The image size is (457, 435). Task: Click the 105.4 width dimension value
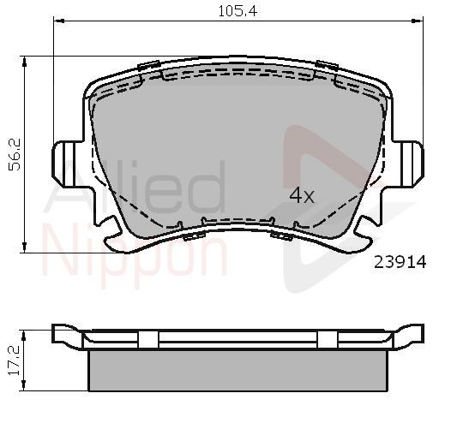coord(238,11)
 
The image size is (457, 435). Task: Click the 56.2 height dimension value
coord(15,154)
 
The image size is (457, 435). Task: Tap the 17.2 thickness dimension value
coord(14,361)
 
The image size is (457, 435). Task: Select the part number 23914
coord(400,262)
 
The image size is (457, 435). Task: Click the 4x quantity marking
coord(302,195)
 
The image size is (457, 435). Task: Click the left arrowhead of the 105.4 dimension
coord(59,21)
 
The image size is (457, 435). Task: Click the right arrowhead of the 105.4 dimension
coord(418,21)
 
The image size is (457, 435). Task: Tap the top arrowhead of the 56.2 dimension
coord(24,62)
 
